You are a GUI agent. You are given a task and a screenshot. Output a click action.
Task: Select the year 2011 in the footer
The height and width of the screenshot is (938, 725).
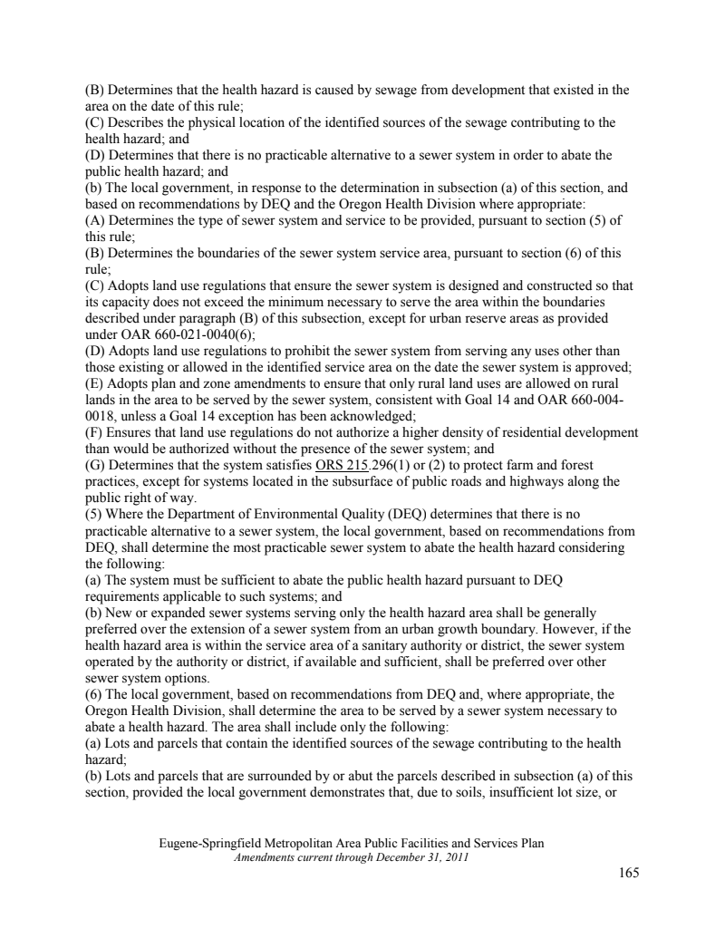click(x=454, y=856)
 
